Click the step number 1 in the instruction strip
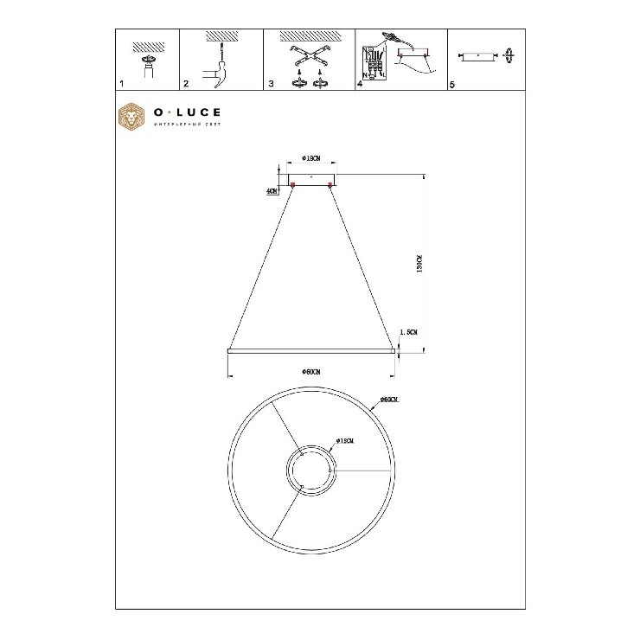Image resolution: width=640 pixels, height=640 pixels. pyautogui.click(x=121, y=85)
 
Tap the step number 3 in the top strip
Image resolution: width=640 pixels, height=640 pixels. pyautogui.click(x=271, y=85)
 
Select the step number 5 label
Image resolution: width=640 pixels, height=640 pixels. pyautogui.click(x=451, y=85)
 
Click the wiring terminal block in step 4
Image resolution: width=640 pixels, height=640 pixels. pyautogui.click(x=374, y=61)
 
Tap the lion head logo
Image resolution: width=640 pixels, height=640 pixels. pyautogui.click(x=131, y=118)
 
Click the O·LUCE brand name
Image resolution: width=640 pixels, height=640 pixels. pyautogui.click(x=186, y=112)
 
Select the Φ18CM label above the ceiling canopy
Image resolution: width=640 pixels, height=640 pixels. pyautogui.click(x=312, y=159)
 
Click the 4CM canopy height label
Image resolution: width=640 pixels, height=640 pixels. pyautogui.click(x=272, y=190)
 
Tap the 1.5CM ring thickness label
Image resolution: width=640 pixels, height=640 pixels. pyautogui.click(x=409, y=332)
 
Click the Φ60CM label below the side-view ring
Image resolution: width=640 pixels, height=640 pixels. pyautogui.click(x=311, y=372)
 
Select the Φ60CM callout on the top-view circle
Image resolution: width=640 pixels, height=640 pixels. pyautogui.click(x=388, y=400)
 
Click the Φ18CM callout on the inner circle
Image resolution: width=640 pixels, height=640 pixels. pyautogui.click(x=345, y=441)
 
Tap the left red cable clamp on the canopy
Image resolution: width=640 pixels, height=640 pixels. pyautogui.click(x=293, y=184)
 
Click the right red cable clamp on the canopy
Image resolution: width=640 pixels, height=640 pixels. pyautogui.click(x=330, y=184)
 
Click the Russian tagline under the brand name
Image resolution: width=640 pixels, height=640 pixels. pyautogui.click(x=186, y=126)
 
